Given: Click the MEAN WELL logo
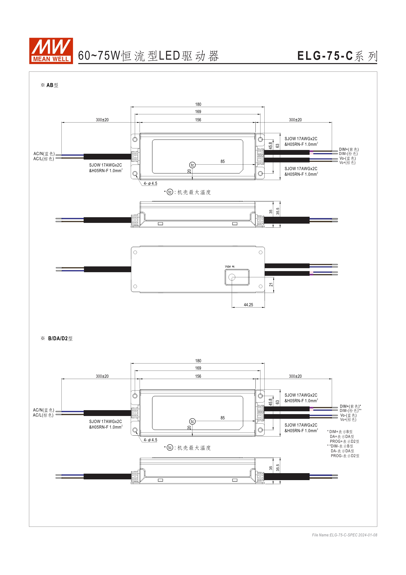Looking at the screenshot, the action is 51,51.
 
